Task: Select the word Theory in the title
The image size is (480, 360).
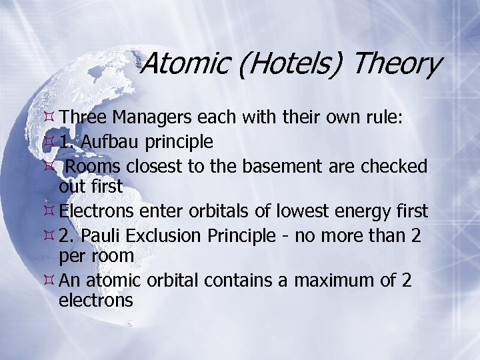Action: [x=397, y=65]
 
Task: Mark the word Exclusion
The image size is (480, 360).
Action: [x=162, y=235]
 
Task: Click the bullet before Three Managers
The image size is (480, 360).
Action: [x=48, y=117]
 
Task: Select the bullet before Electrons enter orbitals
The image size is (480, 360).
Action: [x=48, y=211]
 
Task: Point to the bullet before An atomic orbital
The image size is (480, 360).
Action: [x=48, y=281]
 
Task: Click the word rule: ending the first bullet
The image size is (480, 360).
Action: [x=401, y=117]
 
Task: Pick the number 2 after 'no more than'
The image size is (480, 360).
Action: [x=415, y=235]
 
